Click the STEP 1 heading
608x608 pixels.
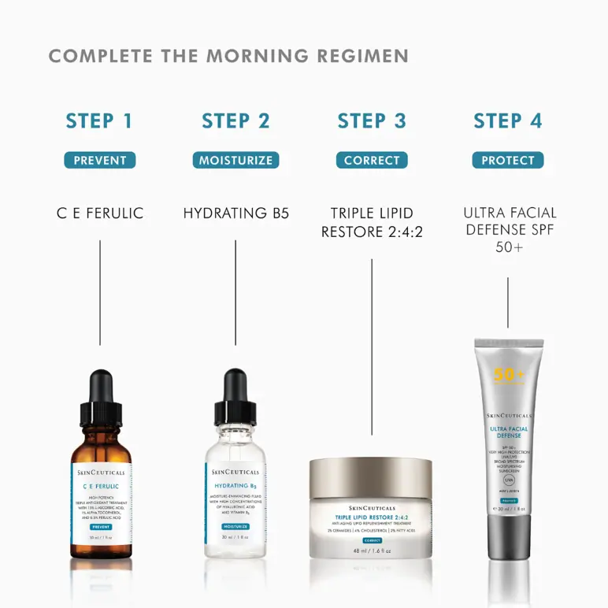(100, 120)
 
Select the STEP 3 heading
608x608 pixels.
(372, 120)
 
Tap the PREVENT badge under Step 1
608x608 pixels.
(100, 161)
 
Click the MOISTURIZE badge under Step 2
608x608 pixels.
(235, 161)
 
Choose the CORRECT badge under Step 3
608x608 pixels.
(372, 161)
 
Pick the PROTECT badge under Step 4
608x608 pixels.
(508, 161)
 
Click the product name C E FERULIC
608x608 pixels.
(100, 213)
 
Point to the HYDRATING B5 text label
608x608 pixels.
(235, 213)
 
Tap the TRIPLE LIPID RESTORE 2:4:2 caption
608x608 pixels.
(372, 222)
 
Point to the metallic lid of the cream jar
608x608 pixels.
(371, 476)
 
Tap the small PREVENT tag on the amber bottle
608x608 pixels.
(100, 526)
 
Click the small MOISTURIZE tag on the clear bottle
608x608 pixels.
(235, 525)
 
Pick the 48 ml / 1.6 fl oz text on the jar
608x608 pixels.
(371, 551)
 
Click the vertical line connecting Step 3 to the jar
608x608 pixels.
(372, 347)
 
